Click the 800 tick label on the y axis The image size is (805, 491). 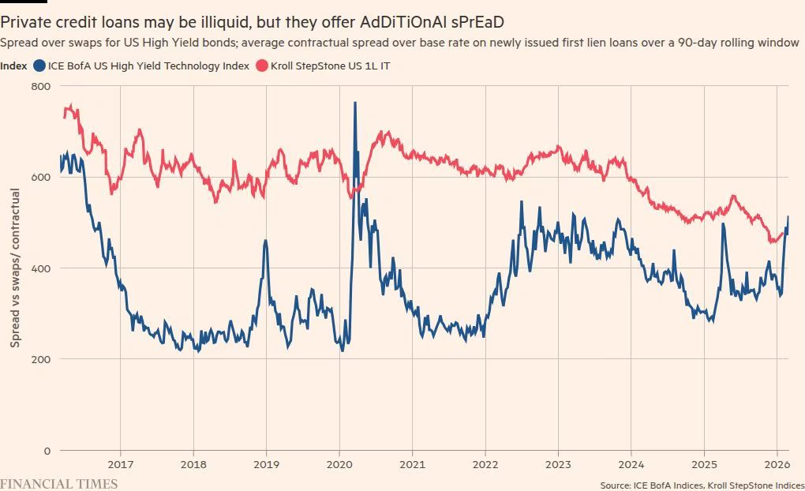(x=41, y=86)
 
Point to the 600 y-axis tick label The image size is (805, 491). (x=41, y=177)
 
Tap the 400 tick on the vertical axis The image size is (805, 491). (x=41, y=268)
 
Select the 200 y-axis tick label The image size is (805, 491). (x=41, y=359)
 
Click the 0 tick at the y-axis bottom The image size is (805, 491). (x=47, y=451)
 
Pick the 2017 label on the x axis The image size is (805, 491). (x=120, y=464)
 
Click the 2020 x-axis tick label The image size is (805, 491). (x=339, y=464)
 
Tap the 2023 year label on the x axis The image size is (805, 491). (x=558, y=464)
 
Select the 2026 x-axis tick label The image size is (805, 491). (x=777, y=464)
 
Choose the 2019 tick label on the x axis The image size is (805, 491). (x=266, y=464)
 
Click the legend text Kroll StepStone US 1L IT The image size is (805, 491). (x=330, y=66)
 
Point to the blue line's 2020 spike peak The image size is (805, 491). (x=354, y=103)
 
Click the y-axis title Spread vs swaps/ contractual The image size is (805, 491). (x=15, y=268)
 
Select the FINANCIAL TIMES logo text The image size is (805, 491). (x=59, y=483)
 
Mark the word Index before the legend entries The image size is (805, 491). (x=14, y=66)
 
